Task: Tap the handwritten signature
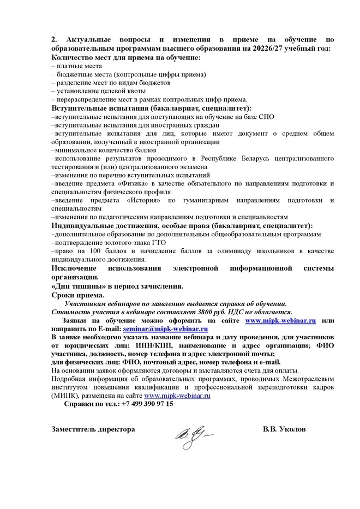tap(193, 435)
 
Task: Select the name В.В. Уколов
tap(284, 429)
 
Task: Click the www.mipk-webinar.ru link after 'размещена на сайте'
tap(177, 396)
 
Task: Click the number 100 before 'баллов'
tap(94, 250)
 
